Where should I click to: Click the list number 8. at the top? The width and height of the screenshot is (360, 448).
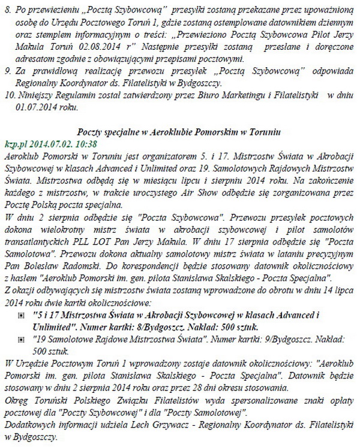pos(7,8)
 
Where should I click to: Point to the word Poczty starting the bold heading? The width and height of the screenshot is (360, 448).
pos(91,133)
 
